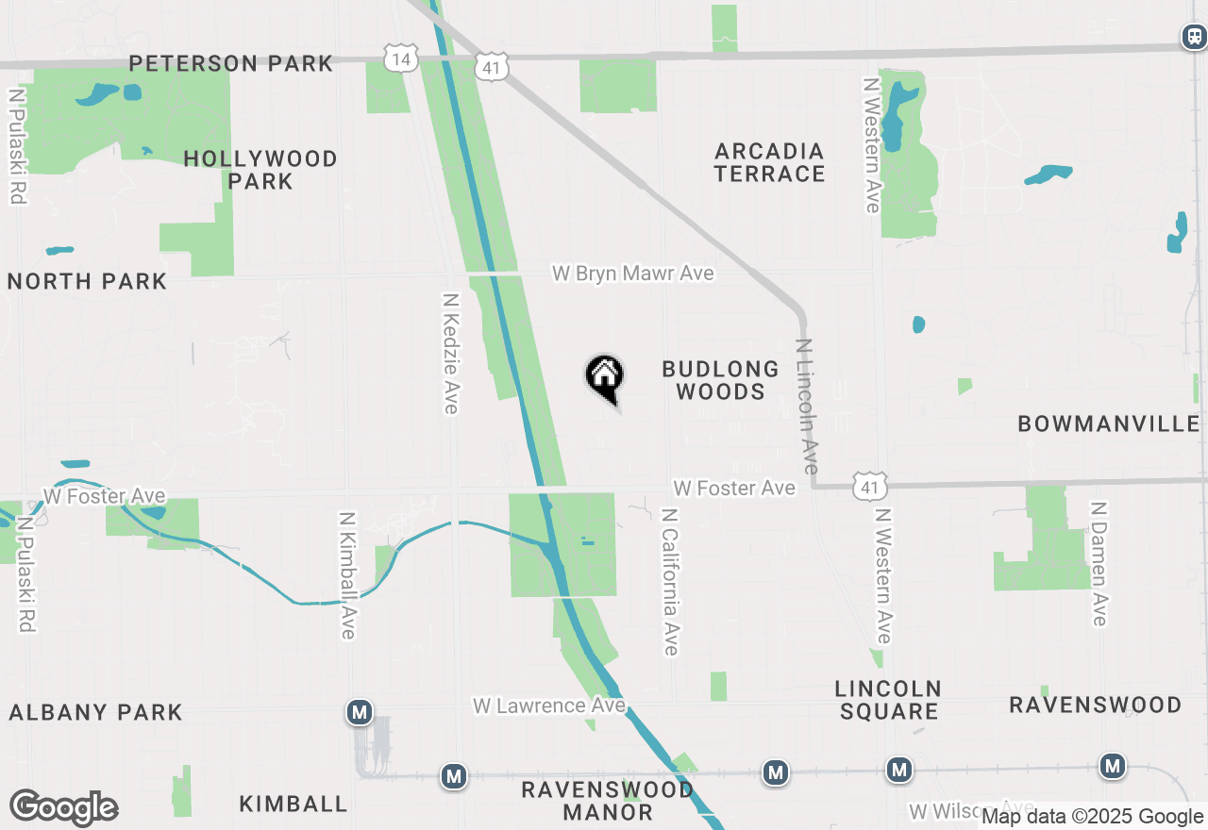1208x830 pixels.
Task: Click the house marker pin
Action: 605,378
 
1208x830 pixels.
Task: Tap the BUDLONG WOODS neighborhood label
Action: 720,380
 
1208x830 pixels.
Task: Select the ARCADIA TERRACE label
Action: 769,162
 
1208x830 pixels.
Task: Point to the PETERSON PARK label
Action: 231,63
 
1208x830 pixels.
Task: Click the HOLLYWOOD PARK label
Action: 260,170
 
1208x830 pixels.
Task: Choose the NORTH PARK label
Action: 87,281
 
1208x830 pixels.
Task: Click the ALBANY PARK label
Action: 95,712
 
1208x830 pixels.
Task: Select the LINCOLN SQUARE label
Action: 888,700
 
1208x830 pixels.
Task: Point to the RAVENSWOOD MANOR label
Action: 607,800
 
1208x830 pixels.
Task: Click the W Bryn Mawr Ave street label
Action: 632,274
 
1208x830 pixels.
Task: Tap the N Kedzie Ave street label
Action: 451,352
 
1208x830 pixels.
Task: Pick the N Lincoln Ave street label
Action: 807,406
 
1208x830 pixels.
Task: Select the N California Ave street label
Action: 670,582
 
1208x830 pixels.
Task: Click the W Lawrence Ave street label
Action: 548,705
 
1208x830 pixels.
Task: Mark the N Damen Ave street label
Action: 1098,563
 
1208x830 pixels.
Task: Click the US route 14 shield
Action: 400,58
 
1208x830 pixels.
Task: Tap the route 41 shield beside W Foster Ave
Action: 868,487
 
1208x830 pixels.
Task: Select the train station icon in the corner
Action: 1194,37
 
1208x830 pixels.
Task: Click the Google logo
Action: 64,808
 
